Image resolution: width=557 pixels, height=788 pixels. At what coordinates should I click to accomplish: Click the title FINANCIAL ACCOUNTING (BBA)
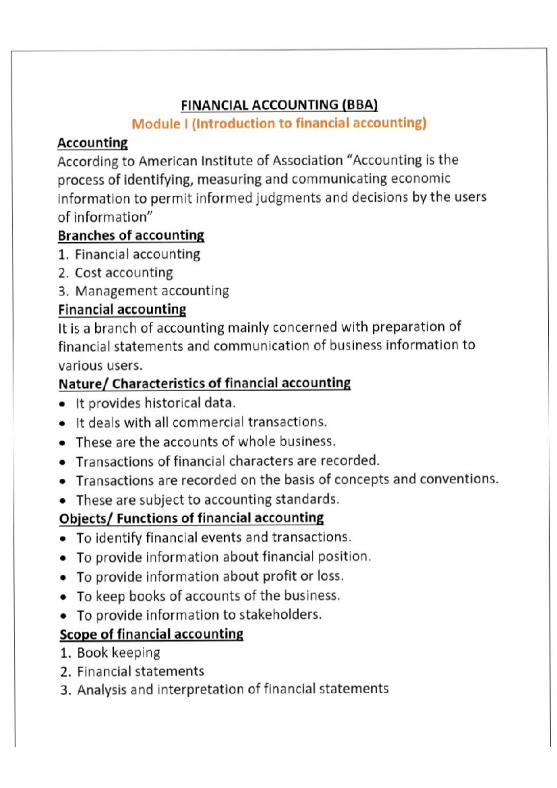[x=279, y=105]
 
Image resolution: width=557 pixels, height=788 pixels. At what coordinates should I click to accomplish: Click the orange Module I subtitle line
[x=279, y=123]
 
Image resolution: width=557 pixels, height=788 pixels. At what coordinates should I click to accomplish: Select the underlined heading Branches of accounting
[x=131, y=235]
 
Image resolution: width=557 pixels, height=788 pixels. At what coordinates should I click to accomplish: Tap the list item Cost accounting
[x=123, y=272]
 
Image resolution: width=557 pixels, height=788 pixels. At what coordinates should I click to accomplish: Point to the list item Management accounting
[x=152, y=291]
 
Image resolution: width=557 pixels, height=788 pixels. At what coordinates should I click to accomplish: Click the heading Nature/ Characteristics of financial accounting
[x=204, y=383]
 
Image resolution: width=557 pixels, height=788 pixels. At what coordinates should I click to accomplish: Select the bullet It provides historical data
[x=155, y=403]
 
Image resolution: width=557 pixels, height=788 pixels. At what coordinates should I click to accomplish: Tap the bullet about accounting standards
[x=207, y=499]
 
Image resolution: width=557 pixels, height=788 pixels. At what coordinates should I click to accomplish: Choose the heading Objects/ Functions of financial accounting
[x=191, y=518]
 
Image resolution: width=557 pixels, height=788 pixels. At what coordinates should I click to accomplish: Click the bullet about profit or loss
[x=210, y=576]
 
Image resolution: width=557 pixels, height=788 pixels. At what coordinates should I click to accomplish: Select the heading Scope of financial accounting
[x=151, y=634]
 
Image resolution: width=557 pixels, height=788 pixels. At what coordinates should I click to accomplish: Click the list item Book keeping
[x=118, y=652]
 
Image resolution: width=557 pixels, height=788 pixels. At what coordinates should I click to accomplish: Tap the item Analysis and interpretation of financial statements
[x=233, y=689]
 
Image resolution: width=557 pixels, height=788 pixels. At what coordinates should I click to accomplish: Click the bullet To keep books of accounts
[x=208, y=595]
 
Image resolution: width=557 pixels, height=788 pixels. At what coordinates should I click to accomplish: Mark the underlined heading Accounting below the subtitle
[x=92, y=142]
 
